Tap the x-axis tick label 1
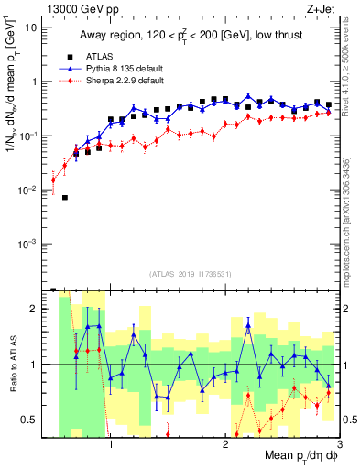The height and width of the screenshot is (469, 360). tap(111, 444)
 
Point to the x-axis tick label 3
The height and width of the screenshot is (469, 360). tap(339, 444)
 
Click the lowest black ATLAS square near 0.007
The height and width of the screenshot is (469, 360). tap(64, 198)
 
